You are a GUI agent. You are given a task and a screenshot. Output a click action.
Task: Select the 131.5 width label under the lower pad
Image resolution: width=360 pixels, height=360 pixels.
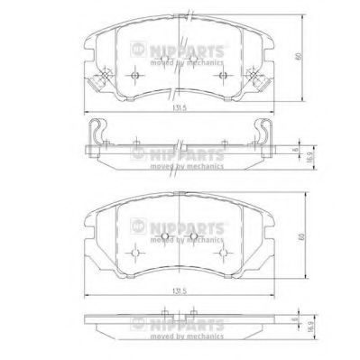pyautogui.click(x=180, y=291)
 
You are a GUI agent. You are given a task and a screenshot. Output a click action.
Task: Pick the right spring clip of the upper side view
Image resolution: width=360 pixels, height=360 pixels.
pyautogui.click(x=263, y=134)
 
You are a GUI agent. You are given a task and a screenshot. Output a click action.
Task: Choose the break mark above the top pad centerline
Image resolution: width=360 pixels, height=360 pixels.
pyautogui.click(x=180, y=14)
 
